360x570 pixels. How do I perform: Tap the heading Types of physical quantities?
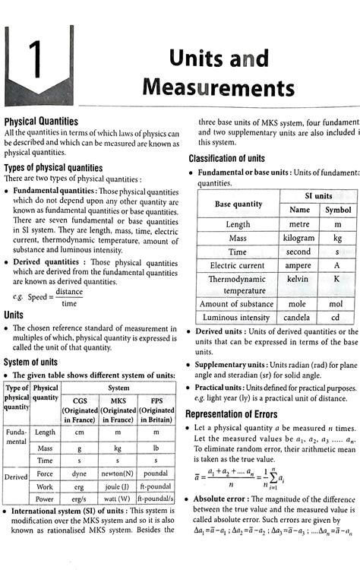(x=53, y=168)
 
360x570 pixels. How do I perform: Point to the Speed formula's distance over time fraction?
(x=68, y=297)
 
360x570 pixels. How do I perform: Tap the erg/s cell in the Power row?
(x=79, y=499)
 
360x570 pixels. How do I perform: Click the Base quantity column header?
(x=238, y=203)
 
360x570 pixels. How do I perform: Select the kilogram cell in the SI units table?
(x=299, y=238)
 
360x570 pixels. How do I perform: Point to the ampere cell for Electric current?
(x=299, y=265)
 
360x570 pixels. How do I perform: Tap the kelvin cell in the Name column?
(x=299, y=279)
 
